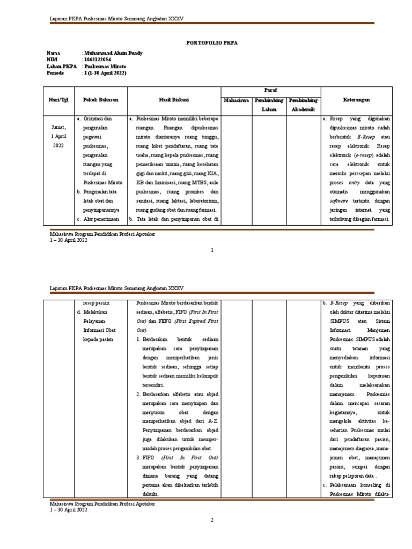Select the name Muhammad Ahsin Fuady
tap(112, 53)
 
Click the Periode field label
tap(56, 73)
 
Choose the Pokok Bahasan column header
tap(100, 100)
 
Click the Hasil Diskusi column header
tap(173, 100)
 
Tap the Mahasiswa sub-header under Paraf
tap(237, 100)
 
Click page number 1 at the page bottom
tap(212, 250)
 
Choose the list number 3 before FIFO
tap(138, 457)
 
